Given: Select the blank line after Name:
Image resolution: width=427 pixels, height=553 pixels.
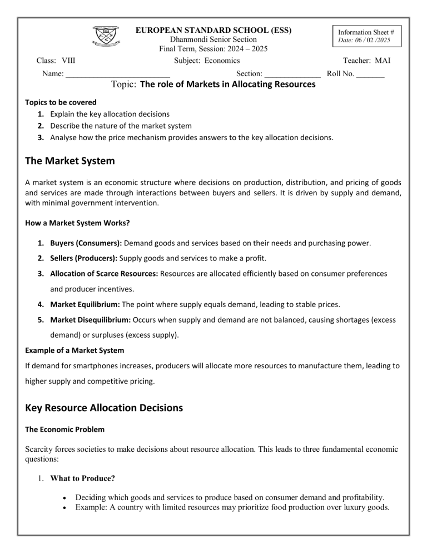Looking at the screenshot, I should [x=117, y=73].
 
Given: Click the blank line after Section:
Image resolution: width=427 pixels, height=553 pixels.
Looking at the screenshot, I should [x=292, y=73].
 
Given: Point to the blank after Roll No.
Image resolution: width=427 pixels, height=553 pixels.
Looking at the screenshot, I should [x=370, y=73].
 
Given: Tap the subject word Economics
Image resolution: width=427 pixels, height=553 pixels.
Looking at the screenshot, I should [x=221, y=61].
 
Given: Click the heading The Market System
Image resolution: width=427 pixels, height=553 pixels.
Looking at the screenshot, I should [x=70, y=161].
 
